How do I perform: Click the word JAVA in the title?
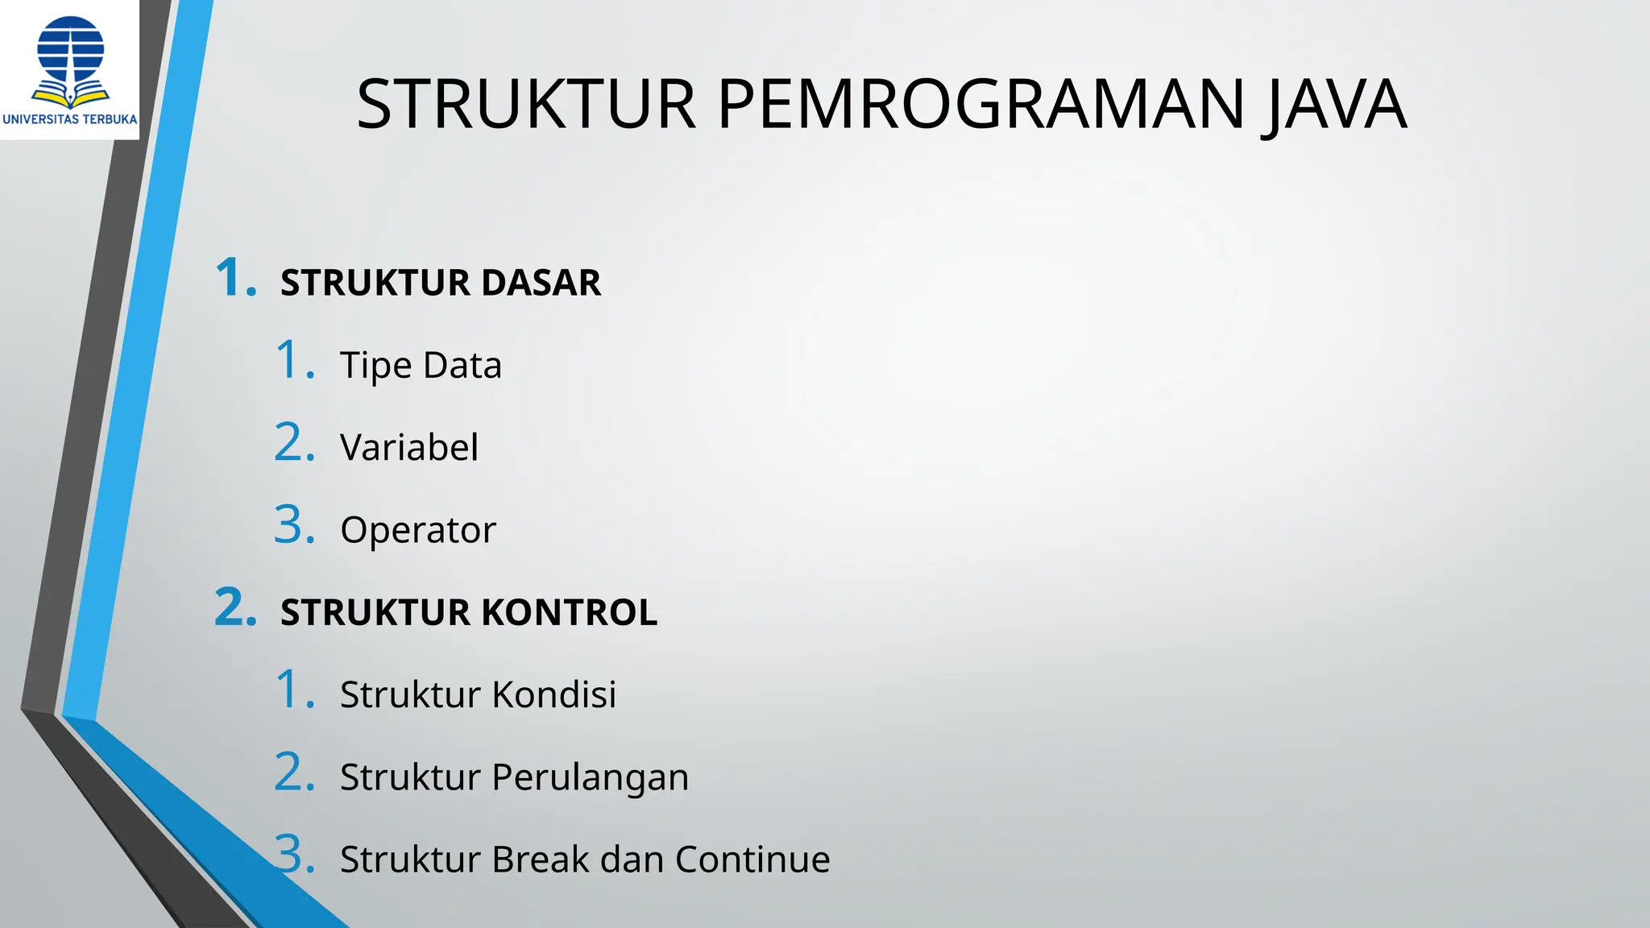pos(1337,105)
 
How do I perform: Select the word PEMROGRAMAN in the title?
pos(981,105)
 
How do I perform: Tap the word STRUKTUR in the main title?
pos(526,105)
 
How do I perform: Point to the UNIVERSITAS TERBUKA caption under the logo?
pos(70,119)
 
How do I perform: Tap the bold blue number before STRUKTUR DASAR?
pos(235,279)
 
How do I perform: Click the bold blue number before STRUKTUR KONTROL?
pos(235,608)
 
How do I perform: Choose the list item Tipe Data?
pos(421,366)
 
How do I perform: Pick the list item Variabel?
pos(409,448)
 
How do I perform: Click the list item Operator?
pos(418,531)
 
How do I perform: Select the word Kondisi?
pos(554,694)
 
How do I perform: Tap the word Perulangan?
pos(590,778)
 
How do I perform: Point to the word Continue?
pos(752,860)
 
